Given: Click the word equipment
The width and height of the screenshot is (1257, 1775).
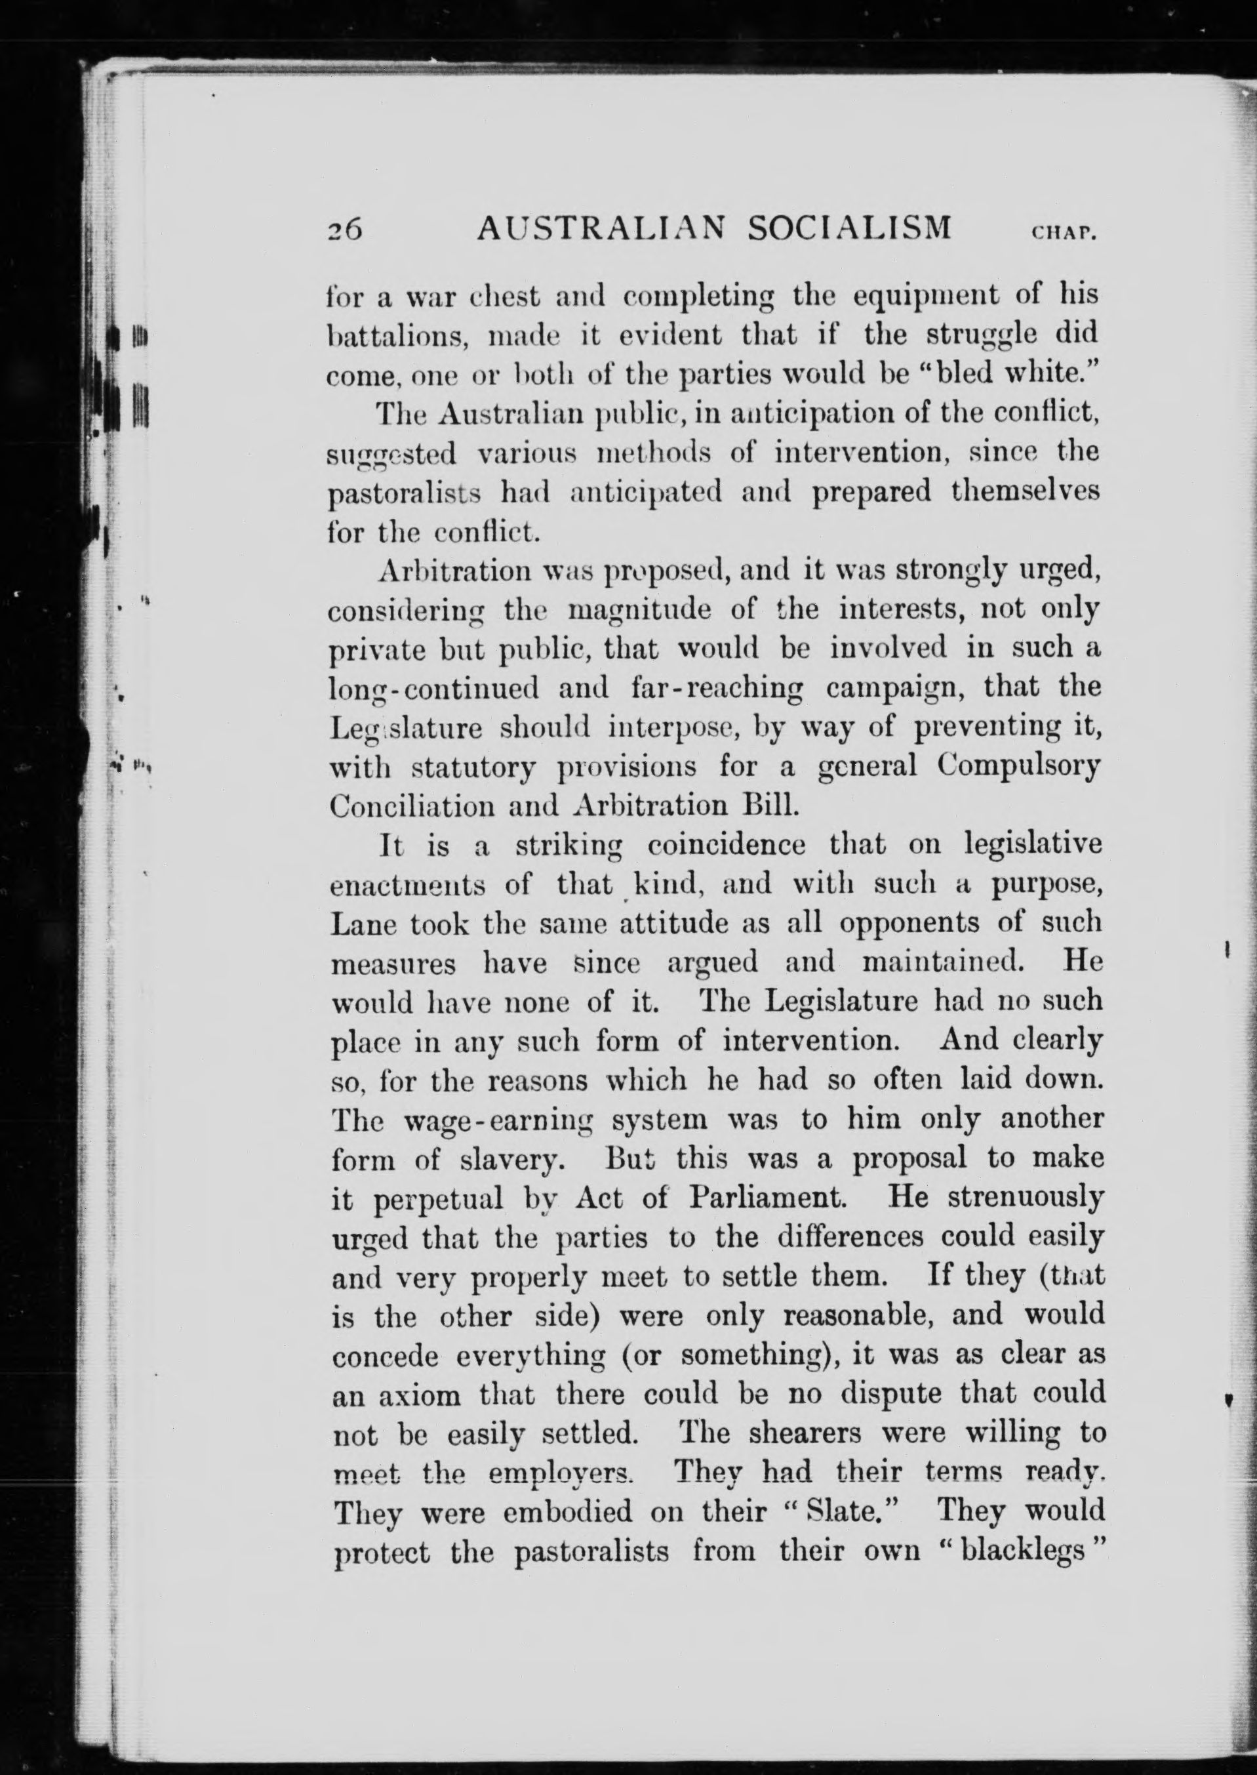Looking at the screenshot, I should click(x=937, y=296).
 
